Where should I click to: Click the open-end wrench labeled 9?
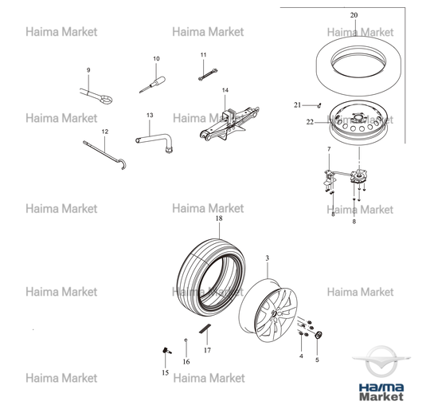pyautogui.click(x=96, y=96)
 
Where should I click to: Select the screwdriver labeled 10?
pyautogui.click(x=153, y=85)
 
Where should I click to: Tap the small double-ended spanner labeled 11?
pyautogui.click(x=208, y=75)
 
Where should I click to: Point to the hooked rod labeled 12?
pyautogui.click(x=105, y=155)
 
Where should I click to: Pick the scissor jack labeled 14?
pyautogui.click(x=229, y=124)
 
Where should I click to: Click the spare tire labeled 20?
pyautogui.click(x=358, y=66)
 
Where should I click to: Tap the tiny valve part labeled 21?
pyautogui.click(x=319, y=105)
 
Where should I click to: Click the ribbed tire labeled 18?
pyautogui.click(x=211, y=277)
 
